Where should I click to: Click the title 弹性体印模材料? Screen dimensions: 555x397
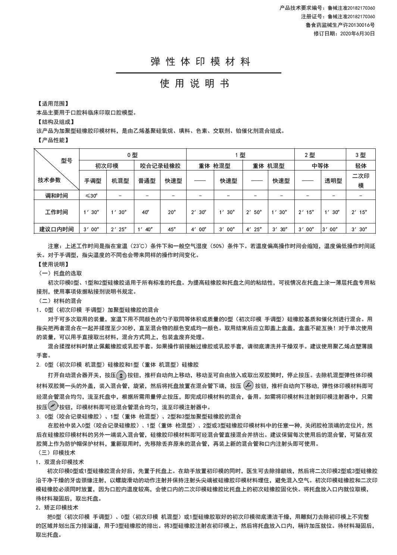click(x=200, y=62)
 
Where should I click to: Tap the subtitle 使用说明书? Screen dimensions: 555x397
click(x=194, y=84)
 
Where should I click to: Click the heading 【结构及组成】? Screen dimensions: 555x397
click(x=56, y=122)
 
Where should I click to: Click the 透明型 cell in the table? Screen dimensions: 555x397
click(x=333, y=181)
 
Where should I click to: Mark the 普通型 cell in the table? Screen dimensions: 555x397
click(x=147, y=181)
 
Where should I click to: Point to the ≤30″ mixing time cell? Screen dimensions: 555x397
click(x=92, y=195)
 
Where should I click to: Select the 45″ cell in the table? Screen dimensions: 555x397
click(x=172, y=229)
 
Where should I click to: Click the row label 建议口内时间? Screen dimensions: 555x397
click(x=56, y=229)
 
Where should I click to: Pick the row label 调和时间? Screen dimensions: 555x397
click(x=56, y=195)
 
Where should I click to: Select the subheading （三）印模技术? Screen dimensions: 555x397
click(x=57, y=453)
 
